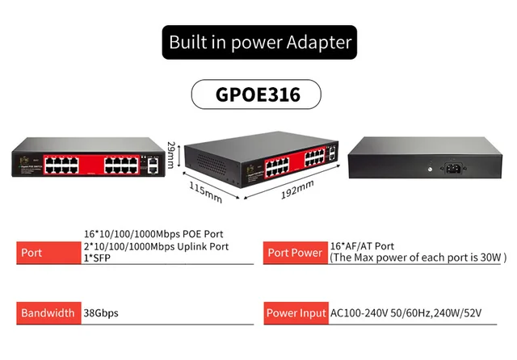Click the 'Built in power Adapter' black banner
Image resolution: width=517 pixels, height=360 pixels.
[x=258, y=40]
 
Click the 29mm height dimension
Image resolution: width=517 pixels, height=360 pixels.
[x=171, y=155]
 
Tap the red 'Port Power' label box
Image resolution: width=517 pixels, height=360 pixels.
[x=295, y=253]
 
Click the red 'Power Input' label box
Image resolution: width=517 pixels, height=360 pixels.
[x=295, y=313]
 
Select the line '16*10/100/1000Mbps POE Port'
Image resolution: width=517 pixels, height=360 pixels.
[x=153, y=234]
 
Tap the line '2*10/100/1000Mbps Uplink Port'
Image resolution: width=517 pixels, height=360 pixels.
[x=157, y=246]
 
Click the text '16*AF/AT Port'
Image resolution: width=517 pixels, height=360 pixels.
[x=363, y=246]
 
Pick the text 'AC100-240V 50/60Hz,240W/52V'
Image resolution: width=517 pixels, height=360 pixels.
[x=412, y=313]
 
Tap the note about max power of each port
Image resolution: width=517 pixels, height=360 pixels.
[x=418, y=258]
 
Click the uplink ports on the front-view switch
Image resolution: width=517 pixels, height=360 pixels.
[x=151, y=165]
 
